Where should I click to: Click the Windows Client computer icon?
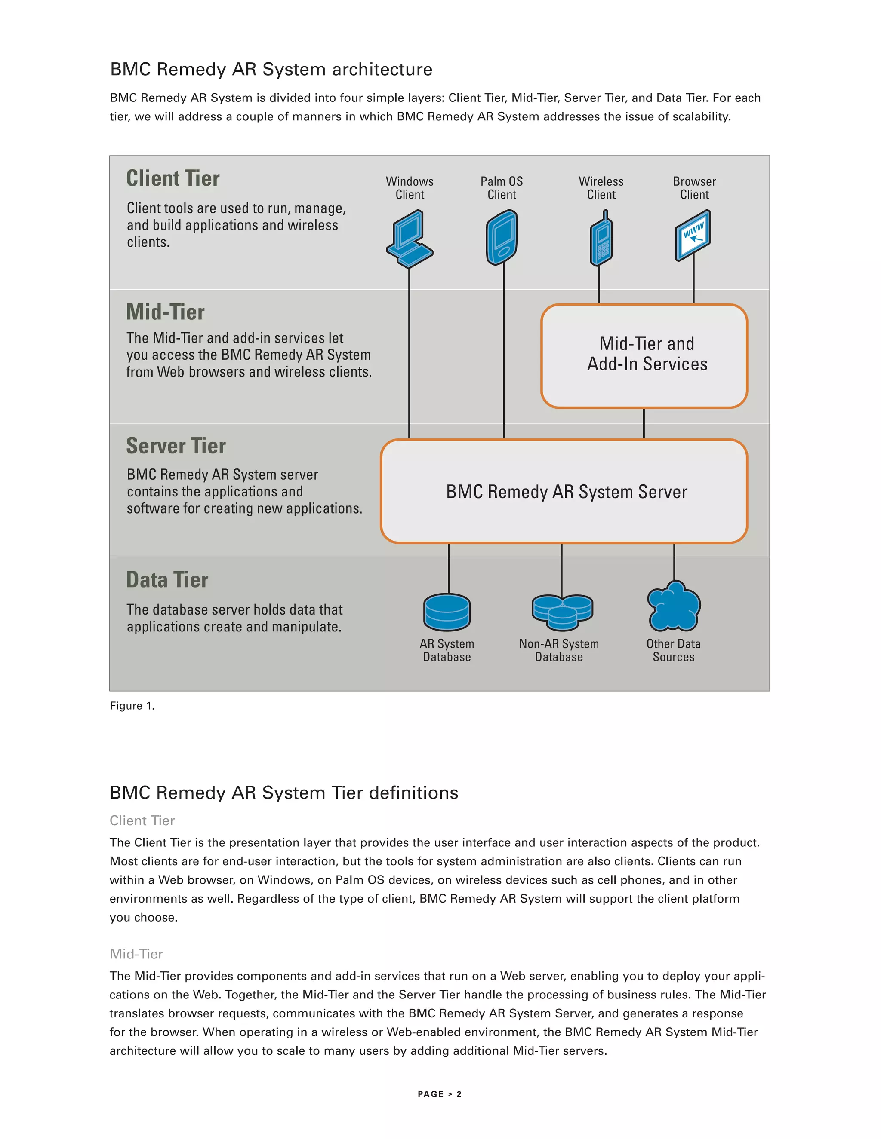[410, 239]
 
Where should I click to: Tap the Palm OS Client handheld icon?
[502, 238]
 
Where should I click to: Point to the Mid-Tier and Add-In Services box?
[644, 356]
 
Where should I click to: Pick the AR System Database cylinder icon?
[447, 612]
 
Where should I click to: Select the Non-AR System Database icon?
[562, 611]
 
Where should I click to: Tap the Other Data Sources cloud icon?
[674, 607]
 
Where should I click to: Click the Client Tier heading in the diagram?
[173, 178]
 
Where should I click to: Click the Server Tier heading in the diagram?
[176, 446]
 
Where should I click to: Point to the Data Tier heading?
[167, 580]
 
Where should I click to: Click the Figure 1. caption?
[132, 706]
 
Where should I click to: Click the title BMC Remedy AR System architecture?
[271, 69]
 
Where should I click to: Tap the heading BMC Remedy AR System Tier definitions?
[283, 793]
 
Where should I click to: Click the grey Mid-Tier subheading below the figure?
[136, 954]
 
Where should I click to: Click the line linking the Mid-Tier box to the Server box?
[644, 423]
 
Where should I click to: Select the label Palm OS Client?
[502, 188]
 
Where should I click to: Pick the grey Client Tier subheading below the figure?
[142, 821]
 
